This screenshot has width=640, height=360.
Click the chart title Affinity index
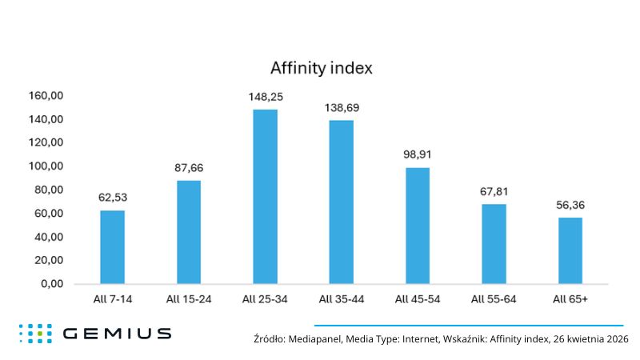(320, 68)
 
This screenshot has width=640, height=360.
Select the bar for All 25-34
(265, 196)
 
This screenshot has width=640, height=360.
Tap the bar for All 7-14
(112, 246)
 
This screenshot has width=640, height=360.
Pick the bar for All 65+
(570, 250)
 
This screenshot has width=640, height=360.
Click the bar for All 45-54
(417, 226)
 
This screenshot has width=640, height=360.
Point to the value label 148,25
(265, 97)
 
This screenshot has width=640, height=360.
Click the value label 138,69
(341, 106)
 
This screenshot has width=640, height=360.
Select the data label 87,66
(189, 168)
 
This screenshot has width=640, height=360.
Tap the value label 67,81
(494, 191)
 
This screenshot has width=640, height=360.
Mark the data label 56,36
(570, 205)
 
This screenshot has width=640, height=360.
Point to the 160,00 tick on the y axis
(46, 96)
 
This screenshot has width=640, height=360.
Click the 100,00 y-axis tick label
(46, 166)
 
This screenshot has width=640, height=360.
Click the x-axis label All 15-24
(189, 300)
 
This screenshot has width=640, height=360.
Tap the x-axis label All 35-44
(341, 300)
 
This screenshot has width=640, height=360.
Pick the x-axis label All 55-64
(494, 300)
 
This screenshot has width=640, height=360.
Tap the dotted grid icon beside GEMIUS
(35, 334)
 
